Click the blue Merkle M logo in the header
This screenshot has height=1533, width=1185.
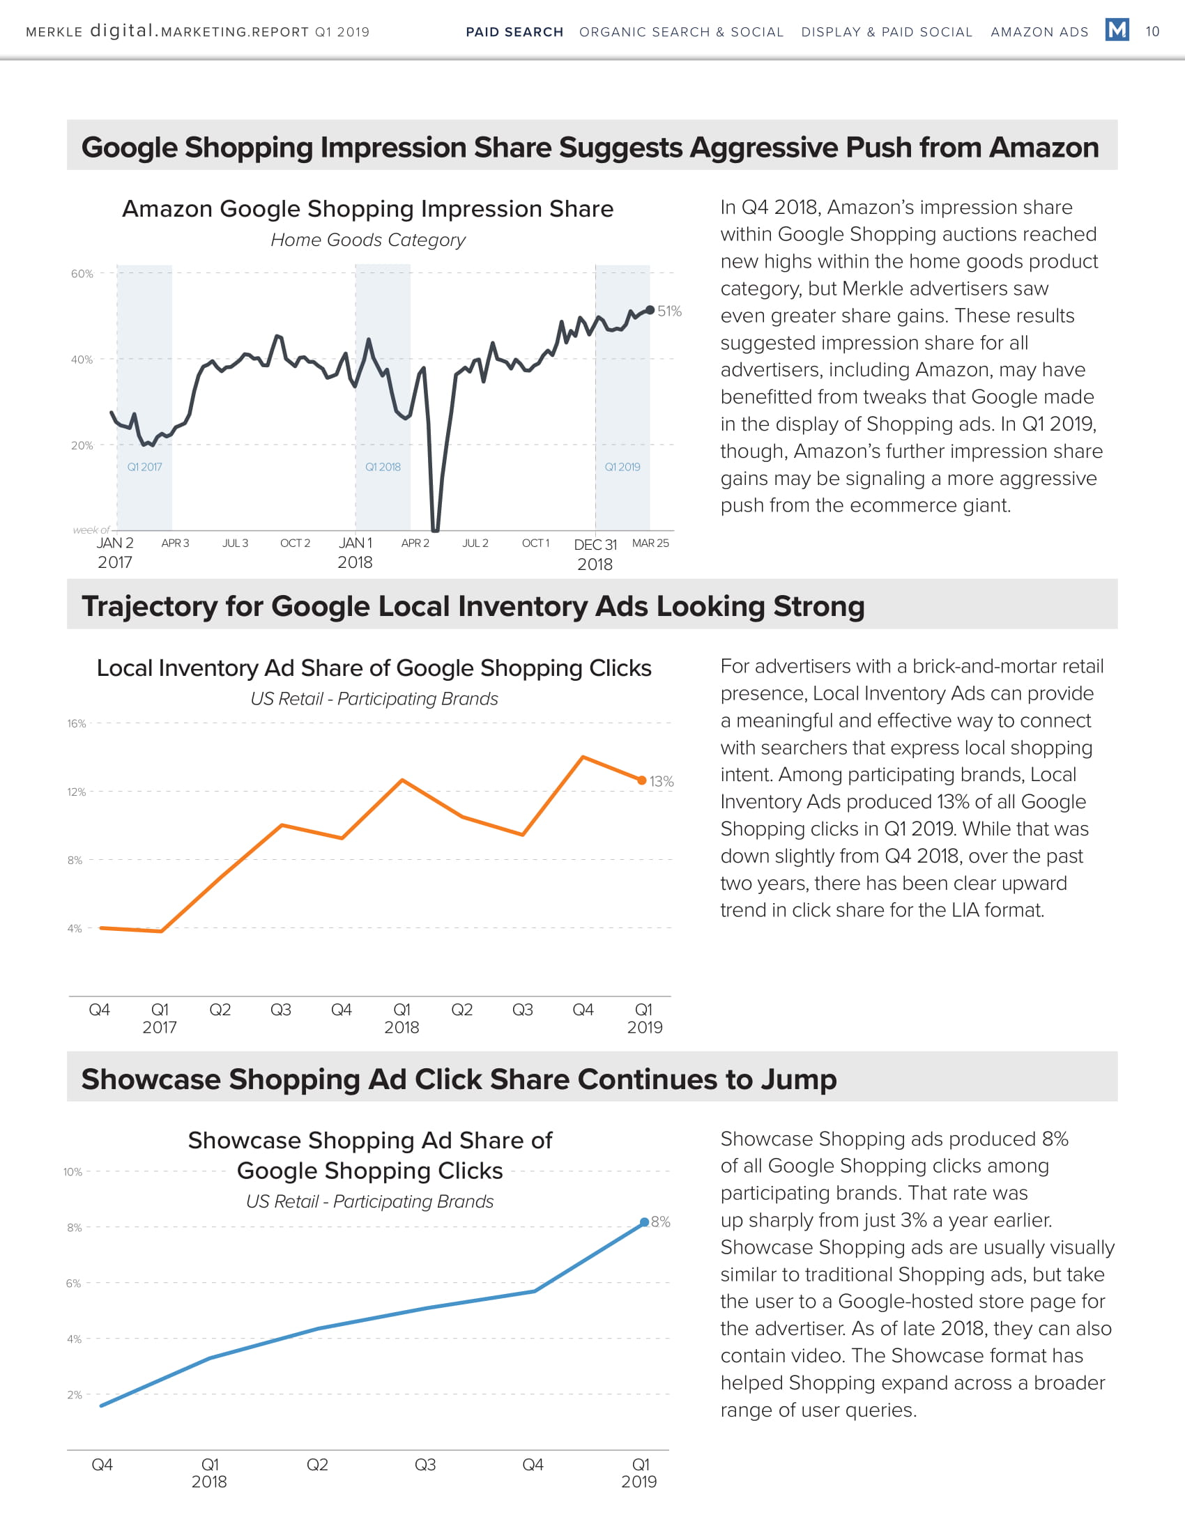tap(1116, 30)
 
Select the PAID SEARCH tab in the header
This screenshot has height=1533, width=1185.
tap(514, 32)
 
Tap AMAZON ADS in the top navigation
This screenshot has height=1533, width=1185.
tap(1039, 32)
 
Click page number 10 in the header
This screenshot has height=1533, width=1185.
tap(1152, 31)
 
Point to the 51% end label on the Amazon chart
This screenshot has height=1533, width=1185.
tap(669, 311)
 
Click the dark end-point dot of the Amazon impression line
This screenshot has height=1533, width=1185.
tap(650, 309)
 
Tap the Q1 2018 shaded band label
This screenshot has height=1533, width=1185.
tap(383, 467)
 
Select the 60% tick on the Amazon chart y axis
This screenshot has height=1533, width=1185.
tap(82, 274)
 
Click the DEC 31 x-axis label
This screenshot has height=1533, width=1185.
tap(595, 545)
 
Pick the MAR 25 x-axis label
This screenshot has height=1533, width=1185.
tap(650, 544)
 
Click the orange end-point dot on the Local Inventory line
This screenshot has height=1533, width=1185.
tap(641, 780)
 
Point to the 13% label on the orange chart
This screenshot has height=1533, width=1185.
tap(662, 781)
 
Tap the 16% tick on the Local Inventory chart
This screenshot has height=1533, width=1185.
tap(77, 724)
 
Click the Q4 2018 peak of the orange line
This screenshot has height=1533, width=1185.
tap(583, 757)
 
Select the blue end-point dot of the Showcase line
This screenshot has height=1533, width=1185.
tap(645, 1222)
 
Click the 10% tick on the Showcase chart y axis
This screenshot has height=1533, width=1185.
tap(72, 1171)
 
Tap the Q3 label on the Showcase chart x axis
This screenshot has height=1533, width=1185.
tap(425, 1464)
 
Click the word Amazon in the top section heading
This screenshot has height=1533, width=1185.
tap(1044, 148)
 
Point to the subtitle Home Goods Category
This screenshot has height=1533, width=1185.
tap(368, 240)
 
